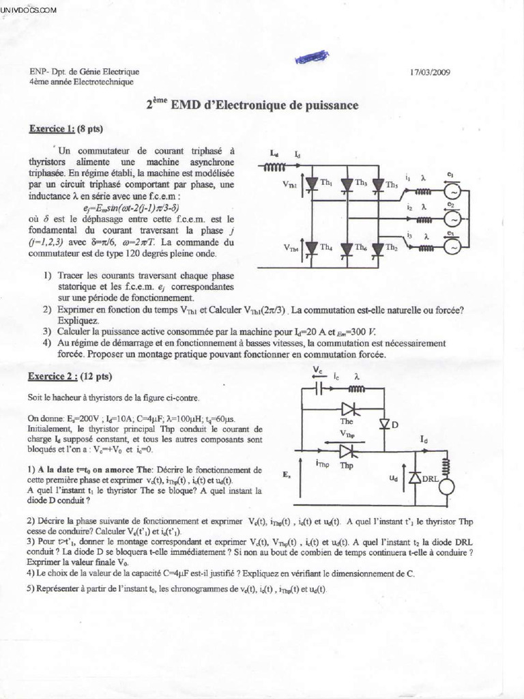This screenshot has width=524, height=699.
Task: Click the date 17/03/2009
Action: tap(430, 71)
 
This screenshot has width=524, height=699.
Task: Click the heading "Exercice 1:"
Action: tap(51, 128)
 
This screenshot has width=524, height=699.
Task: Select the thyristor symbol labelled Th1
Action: tap(312, 184)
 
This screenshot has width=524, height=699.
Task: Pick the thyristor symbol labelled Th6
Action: tap(346, 248)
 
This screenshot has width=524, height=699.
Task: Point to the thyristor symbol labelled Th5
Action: tap(379, 184)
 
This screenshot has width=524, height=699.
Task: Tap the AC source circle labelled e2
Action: tap(452, 218)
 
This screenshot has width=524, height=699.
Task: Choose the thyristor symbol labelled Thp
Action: tap(347, 451)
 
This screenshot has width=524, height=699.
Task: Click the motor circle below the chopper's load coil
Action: tap(446, 486)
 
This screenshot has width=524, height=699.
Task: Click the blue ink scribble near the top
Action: tap(312, 57)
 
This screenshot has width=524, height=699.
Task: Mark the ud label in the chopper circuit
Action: tap(394, 479)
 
